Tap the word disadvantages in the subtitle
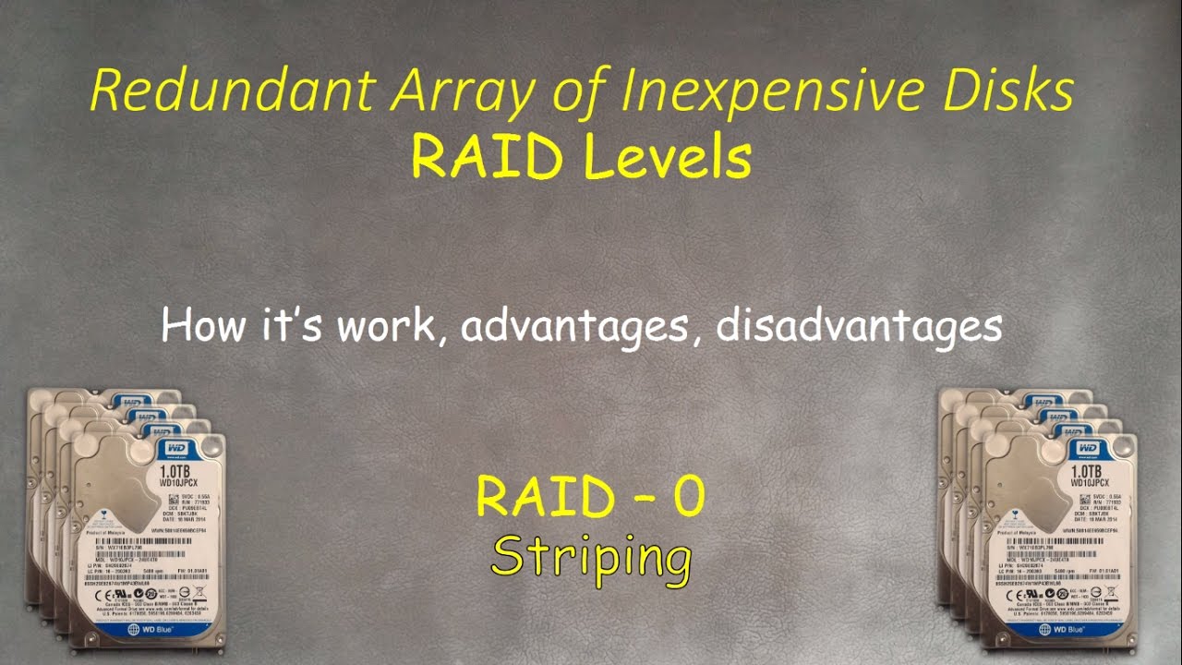(860, 326)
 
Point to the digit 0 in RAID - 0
(689, 497)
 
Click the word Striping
(591, 556)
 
